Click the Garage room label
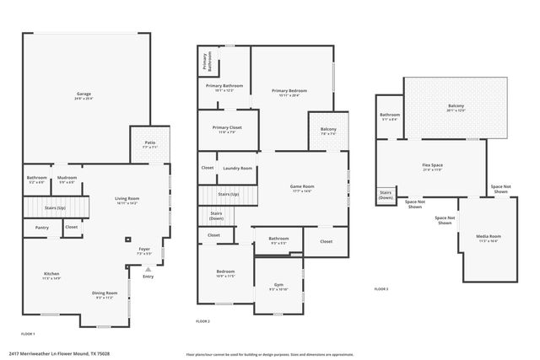coord(84,94)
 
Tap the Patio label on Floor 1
coord(150,143)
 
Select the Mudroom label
coord(67,177)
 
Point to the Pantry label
coord(42,227)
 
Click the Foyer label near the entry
coord(145,250)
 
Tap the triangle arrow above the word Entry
coord(148,269)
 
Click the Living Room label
coord(127,199)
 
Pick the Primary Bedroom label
coord(289,91)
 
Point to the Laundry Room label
coord(237,168)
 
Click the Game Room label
coord(302,186)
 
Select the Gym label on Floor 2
coord(278,285)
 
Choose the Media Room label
coord(489,236)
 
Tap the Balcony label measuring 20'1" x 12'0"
coord(456,106)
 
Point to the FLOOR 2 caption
coord(203,321)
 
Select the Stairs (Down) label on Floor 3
coord(386,194)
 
